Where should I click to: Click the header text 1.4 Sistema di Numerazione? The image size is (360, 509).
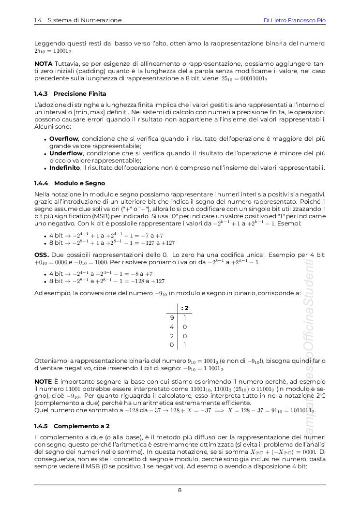[78, 20]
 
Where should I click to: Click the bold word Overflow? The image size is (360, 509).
[64, 139]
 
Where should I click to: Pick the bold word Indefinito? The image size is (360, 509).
[64, 168]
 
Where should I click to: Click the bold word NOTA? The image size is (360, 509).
[44, 64]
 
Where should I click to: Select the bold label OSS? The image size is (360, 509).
[41, 254]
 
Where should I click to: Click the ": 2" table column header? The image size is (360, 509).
[184, 308]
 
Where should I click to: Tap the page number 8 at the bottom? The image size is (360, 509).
[180, 490]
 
